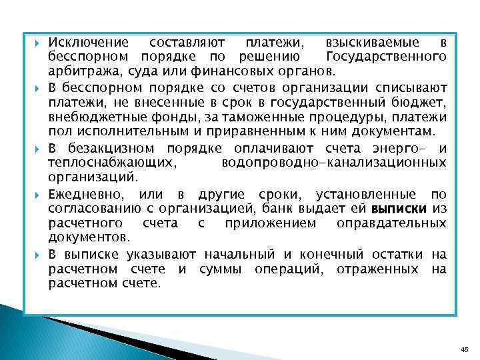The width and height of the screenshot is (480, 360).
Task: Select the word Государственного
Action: coord(387,56)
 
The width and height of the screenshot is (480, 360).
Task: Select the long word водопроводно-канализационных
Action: coord(333,163)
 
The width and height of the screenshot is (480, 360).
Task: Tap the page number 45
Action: coord(464,349)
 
